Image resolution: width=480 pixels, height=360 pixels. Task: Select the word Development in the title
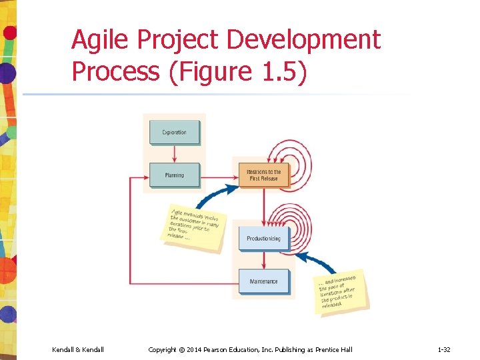(303, 40)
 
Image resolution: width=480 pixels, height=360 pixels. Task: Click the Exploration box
(174, 133)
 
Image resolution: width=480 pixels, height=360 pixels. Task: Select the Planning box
(174, 175)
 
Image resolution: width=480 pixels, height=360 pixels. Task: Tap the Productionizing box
(263, 239)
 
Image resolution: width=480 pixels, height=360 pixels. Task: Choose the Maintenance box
(263, 282)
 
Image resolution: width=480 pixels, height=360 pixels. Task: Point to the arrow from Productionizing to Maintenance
(263, 261)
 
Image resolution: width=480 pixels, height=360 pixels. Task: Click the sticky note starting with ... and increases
(341, 290)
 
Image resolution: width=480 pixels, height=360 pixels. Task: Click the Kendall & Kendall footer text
(78, 349)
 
